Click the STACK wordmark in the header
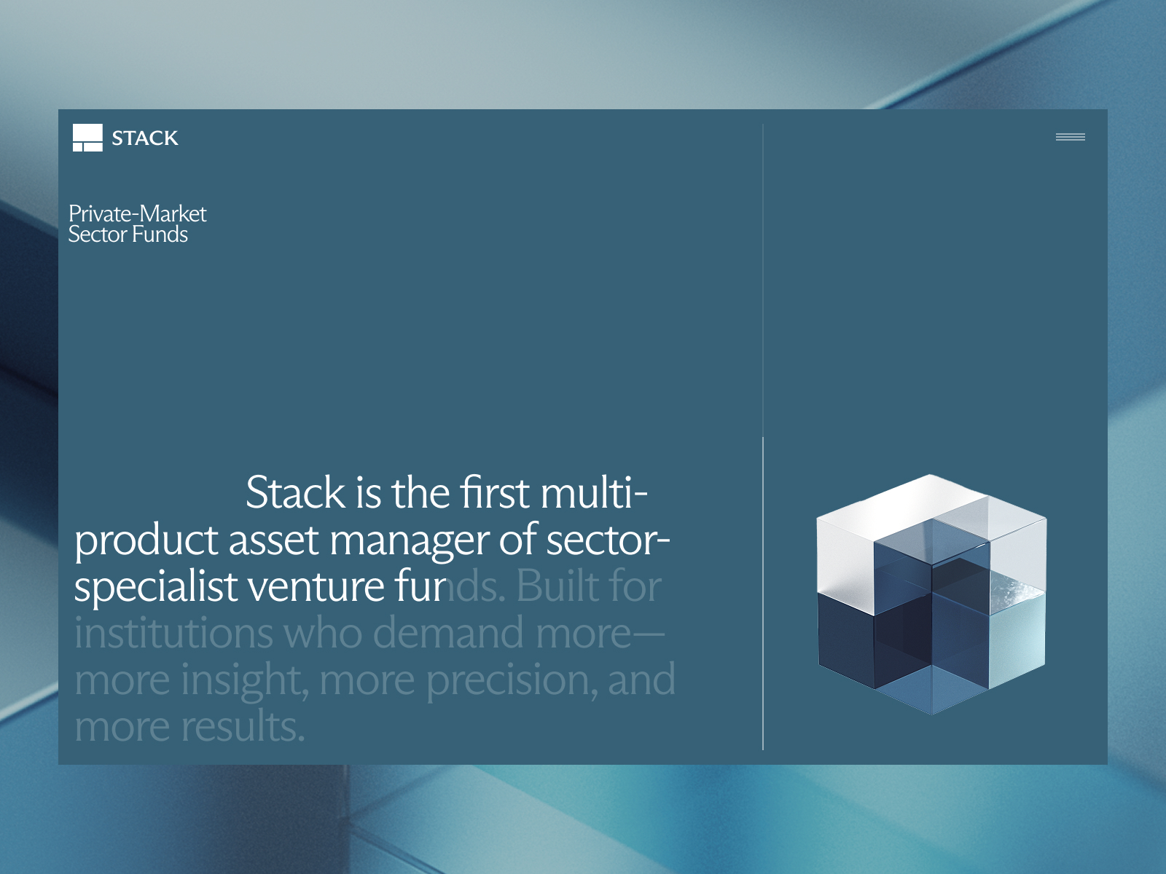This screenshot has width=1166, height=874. click(x=145, y=138)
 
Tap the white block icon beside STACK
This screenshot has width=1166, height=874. click(x=87, y=138)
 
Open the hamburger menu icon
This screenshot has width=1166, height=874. click(x=1070, y=137)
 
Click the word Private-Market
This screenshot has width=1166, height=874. click(x=138, y=214)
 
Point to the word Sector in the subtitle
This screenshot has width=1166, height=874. click(x=98, y=234)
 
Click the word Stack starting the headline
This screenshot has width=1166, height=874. click(x=296, y=492)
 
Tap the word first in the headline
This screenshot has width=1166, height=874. click(x=495, y=492)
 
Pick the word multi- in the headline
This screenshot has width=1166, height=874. click(x=595, y=492)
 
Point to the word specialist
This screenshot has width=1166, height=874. click(x=156, y=587)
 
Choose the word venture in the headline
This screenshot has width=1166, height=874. click(x=316, y=587)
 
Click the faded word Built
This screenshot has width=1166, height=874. click(x=562, y=586)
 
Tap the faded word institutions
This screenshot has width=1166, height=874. click(x=173, y=632)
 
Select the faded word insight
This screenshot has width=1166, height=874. click(x=244, y=680)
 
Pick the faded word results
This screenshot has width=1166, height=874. click(x=243, y=726)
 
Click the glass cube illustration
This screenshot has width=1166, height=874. click(x=931, y=594)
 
